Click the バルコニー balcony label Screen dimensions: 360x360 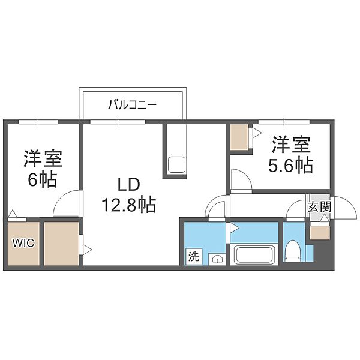point(133,105)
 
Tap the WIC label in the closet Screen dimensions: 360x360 point(23,243)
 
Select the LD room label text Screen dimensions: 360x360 point(129,185)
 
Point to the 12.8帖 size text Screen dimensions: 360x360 point(129,205)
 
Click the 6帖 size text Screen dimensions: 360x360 point(43,180)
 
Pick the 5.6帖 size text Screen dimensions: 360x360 point(291,165)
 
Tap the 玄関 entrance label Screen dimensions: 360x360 point(319,207)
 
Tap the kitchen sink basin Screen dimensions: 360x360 point(176,164)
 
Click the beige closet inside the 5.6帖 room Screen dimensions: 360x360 point(239,137)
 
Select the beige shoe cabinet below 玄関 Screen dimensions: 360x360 point(319,233)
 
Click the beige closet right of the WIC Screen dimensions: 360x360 point(61,244)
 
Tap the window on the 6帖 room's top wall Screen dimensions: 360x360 point(38,122)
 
